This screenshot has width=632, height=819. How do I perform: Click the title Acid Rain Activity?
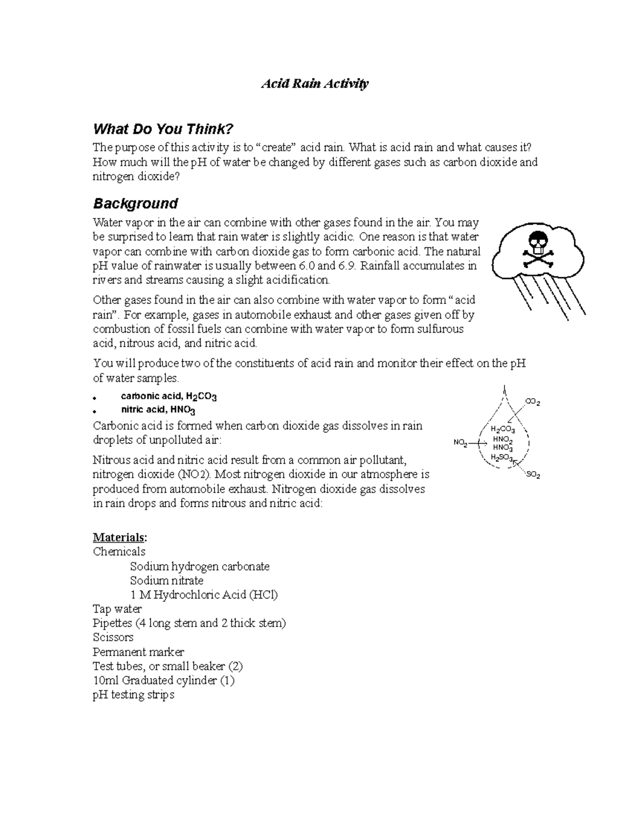pos(315,84)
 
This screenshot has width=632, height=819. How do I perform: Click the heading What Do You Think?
pos(162,129)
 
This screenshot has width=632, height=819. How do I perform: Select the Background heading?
pos(135,204)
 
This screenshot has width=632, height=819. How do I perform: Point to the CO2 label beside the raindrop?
pos(532,402)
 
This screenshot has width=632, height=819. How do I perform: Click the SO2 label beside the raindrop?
pos(533,475)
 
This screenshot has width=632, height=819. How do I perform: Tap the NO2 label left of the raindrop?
pos(460,443)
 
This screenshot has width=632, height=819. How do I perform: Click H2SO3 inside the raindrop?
pos(501,457)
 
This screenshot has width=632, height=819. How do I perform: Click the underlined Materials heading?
pos(120,537)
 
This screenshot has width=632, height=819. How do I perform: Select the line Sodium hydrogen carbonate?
pos(200,566)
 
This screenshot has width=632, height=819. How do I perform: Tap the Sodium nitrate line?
pos(166,581)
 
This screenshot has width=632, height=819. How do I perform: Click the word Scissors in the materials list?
pos(113,638)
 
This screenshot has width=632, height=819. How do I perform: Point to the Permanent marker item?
pos(138,652)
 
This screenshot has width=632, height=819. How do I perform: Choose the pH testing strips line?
pos(133,695)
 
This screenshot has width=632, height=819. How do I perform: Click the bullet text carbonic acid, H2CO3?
pos(169,396)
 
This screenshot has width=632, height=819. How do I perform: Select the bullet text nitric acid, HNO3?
pos(159,410)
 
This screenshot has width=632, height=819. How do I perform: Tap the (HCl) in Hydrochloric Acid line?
pos(263,595)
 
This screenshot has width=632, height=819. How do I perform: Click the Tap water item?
pos(117,609)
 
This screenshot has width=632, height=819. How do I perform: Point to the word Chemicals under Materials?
pos(119,552)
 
